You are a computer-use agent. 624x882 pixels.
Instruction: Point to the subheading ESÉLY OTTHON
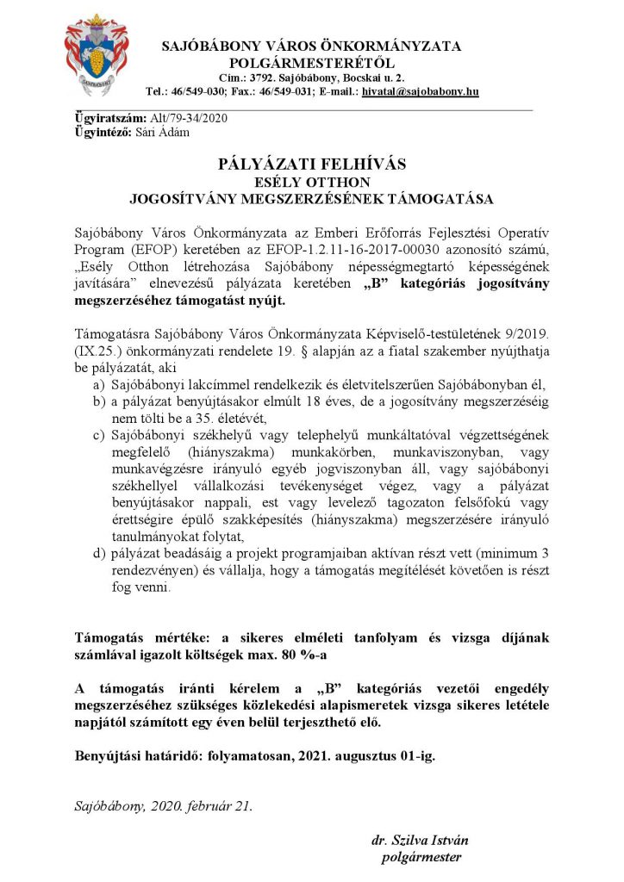311,182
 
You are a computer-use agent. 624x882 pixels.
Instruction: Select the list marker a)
100,384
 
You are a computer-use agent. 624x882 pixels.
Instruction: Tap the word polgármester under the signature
421,857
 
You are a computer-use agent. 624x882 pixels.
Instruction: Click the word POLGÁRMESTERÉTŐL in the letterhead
311,62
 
